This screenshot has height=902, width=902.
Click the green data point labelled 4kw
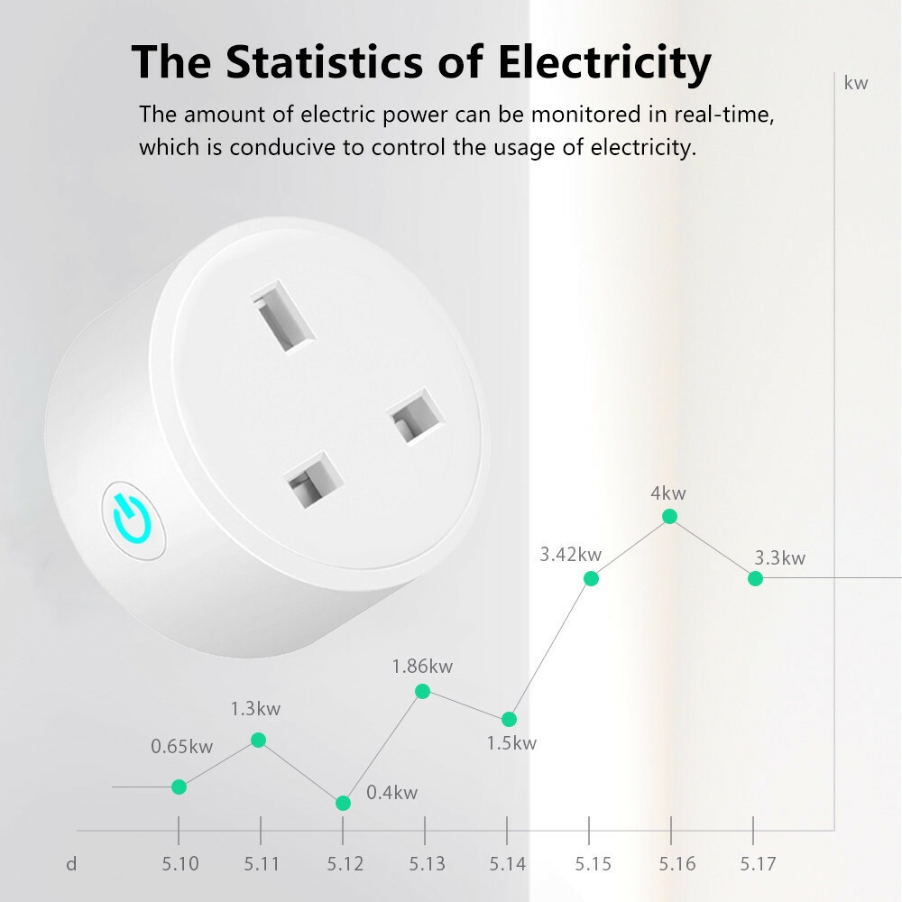pos(669,516)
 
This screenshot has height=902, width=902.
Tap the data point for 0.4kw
pos(343,803)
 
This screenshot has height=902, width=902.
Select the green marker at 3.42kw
pos(591,578)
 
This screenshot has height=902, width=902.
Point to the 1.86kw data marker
pos(422,691)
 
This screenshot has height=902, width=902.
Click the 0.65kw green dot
pos(179,787)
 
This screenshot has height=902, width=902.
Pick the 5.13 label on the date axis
pos(427,864)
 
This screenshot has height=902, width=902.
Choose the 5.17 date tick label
pos(758,864)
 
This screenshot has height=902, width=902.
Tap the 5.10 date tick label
pos(180,864)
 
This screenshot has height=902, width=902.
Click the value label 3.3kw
pos(779,557)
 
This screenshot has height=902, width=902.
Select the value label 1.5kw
pos(511,743)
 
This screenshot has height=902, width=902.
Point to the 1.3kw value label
pos(255,709)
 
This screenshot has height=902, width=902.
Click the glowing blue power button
pos(133,520)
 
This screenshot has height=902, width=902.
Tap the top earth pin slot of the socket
pos(282,321)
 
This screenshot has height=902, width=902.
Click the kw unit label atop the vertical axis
pos(855,84)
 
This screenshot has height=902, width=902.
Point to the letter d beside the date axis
pos(71,864)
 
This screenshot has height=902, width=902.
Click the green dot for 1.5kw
pos(509,719)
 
